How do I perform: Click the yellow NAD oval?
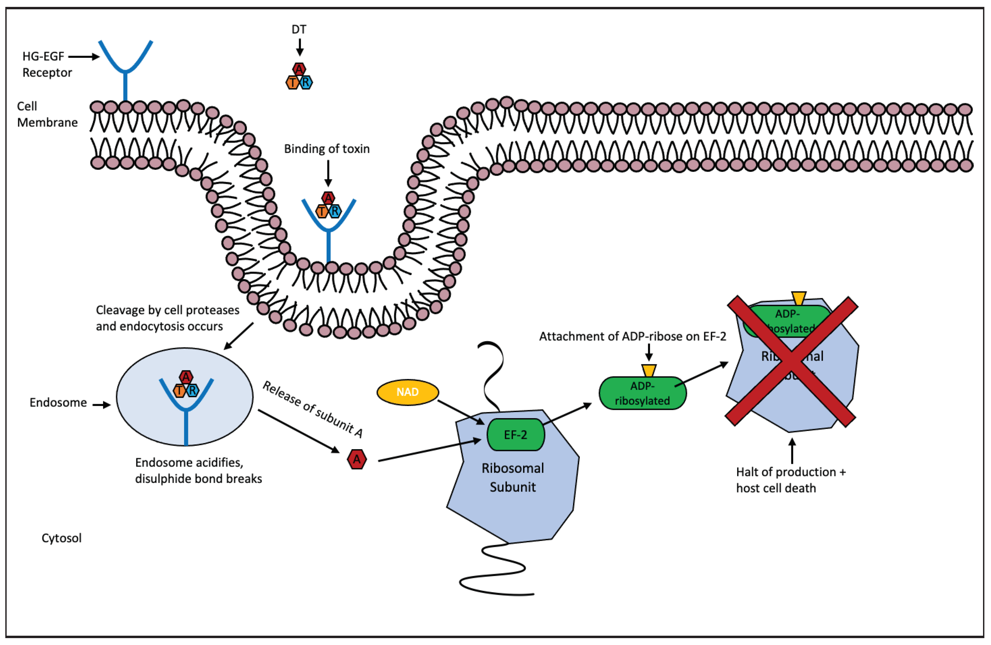(407, 392)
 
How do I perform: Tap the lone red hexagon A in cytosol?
(357, 459)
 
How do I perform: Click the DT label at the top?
(298, 29)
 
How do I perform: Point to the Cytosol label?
(61, 538)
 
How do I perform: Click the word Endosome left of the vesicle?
(58, 402)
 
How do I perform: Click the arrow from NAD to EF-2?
(460, 412)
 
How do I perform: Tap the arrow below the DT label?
(299, 47)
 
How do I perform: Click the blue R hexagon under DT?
(306, 83)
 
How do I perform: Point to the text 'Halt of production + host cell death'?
(790, 480)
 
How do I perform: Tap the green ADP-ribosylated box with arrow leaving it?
(642, 393)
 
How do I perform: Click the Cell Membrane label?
(47, 114)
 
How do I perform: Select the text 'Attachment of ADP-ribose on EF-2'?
(632, 336)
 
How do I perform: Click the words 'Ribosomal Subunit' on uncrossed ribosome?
(512, 477)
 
